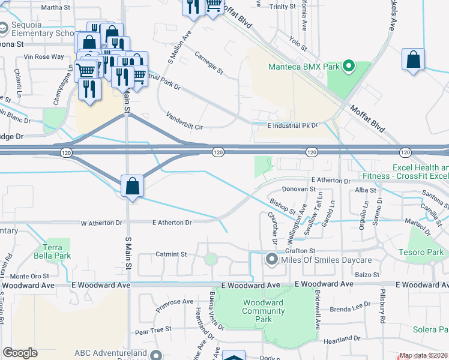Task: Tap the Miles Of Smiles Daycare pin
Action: (271, 260)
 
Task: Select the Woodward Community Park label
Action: (262, 311)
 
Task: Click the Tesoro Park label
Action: (424, 253)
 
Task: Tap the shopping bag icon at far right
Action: (413, 60)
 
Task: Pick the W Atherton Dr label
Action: (101, 223)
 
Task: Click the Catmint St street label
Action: (172, 254)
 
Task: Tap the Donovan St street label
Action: (299, 188)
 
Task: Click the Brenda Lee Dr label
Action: (349, 308)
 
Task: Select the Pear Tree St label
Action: (153, 329)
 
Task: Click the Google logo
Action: (20, 353)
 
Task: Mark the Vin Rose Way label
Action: (43, 57)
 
